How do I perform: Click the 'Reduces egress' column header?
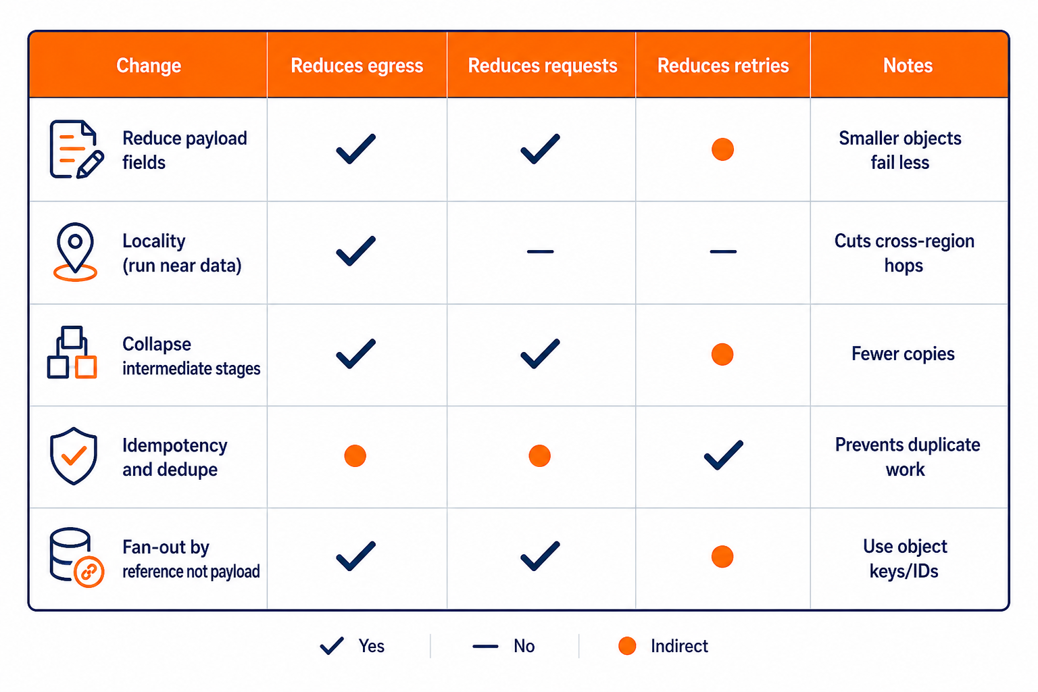357,66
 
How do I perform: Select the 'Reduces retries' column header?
723,66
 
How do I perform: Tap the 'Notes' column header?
908,66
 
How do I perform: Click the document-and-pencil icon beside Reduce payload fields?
76,149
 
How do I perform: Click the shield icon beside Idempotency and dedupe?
74,456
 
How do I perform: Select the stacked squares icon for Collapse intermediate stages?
72,352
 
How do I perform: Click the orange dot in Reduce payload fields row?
722,149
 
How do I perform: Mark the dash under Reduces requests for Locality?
541,251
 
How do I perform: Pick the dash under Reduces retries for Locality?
723,251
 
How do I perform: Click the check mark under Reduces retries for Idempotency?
723,455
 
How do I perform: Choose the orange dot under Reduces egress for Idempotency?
355,455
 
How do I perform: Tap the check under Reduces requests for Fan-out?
541,555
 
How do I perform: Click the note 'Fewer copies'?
903,353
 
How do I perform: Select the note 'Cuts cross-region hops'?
904,253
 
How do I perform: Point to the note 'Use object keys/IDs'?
905,558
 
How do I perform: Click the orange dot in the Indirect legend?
627,645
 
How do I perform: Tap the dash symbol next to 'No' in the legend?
485,646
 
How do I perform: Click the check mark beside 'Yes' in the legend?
332,645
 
